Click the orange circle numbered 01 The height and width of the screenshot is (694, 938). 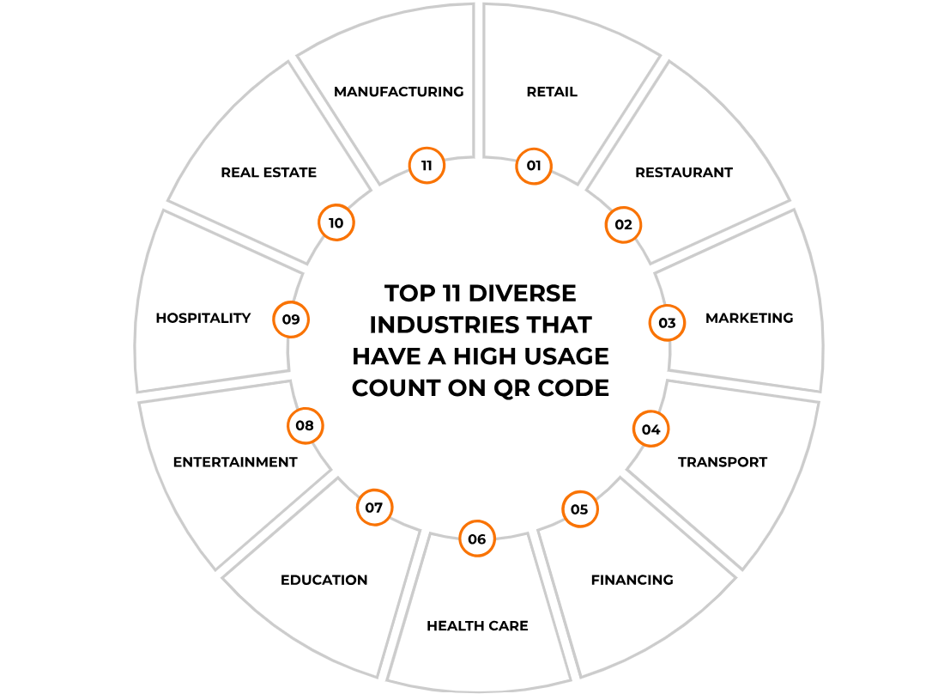(x=534, y=166)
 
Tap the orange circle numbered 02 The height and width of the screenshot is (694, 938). (x=623, y=225)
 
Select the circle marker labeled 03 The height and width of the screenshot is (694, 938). (x=667, y=323)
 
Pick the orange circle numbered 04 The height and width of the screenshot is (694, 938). (x=651, y=429)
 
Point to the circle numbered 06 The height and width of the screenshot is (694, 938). (x=477, y=539)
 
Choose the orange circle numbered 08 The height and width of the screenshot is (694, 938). (x=305, y=425)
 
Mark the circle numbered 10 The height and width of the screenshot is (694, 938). (x=336, y=223)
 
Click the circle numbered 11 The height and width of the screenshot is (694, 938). (x=427, y=165)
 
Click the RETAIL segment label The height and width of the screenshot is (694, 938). (x=552, y=92)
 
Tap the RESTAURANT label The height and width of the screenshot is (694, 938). (x=684, y=173)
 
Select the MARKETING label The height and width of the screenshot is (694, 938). (x=749, y=318)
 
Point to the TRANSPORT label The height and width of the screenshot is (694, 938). (x=723, y=462)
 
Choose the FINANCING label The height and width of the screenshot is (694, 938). (x=632, y=580)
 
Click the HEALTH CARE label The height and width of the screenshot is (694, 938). (x=477, y=625)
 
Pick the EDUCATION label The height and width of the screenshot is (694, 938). (x=324, y=580)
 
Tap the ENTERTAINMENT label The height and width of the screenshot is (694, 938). (x=235, y=462)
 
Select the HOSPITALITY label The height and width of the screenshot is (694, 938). (x=203, y=318)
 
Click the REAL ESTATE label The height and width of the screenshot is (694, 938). (x=269, y=173)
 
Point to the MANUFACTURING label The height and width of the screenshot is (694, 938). (x=399, y=92)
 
